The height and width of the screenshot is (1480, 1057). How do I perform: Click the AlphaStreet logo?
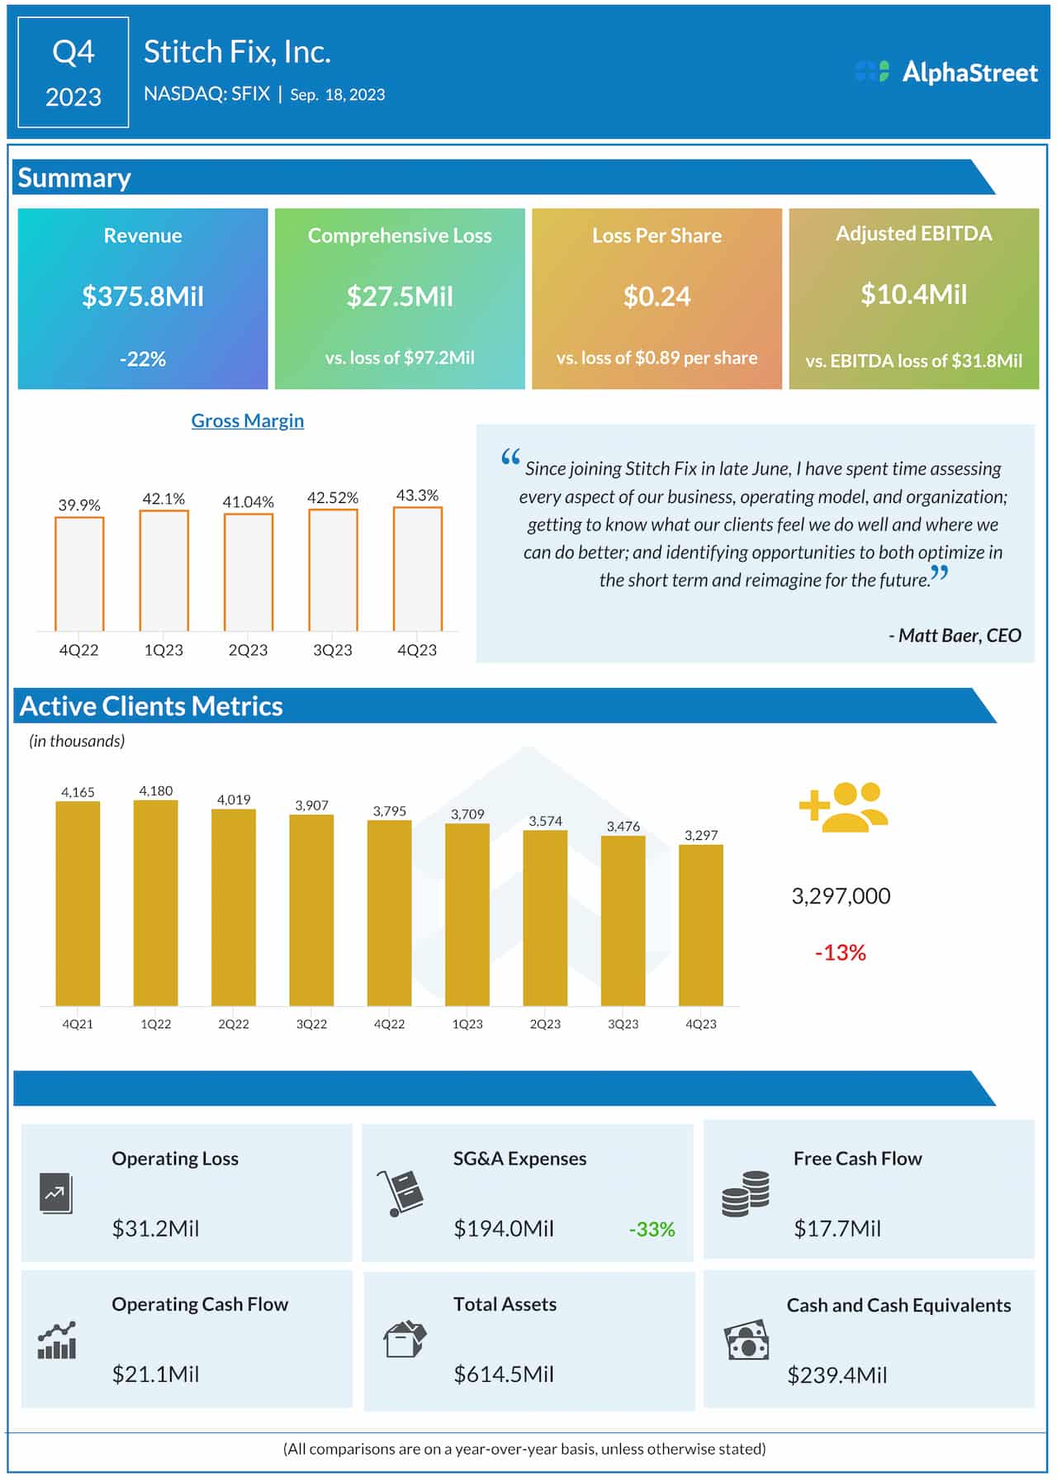[x=946, y=72]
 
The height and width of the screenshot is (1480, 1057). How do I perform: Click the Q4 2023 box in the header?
[x=73, y=73]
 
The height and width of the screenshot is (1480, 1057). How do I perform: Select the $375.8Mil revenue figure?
[x=143, y=296]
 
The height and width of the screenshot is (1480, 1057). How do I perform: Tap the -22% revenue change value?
[x=143, y=358]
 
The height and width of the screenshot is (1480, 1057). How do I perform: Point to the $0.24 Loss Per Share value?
[x=656, y=296]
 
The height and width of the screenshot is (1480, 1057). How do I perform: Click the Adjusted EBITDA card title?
[x=913, y=234]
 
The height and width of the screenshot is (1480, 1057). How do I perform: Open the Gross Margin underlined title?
[x=247, y=420]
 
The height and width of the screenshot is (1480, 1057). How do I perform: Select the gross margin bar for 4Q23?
[x=417, y=569]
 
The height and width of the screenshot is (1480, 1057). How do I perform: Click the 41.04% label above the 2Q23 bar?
[x=248, y=501]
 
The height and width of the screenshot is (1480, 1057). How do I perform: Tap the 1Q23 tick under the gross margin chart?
[x=164, y=650]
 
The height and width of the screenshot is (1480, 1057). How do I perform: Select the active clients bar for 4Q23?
[x=700, y=925]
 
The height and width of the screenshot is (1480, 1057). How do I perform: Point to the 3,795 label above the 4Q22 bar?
[x=389, y=811]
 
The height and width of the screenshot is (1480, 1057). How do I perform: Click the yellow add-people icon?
[x=843, y=807]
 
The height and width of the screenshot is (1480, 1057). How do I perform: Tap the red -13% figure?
[x=840, y=953]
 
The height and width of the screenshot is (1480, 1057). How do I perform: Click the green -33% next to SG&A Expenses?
[x=652, y=1230]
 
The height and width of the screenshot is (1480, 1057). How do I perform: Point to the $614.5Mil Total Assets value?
[x=504, y=1374]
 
